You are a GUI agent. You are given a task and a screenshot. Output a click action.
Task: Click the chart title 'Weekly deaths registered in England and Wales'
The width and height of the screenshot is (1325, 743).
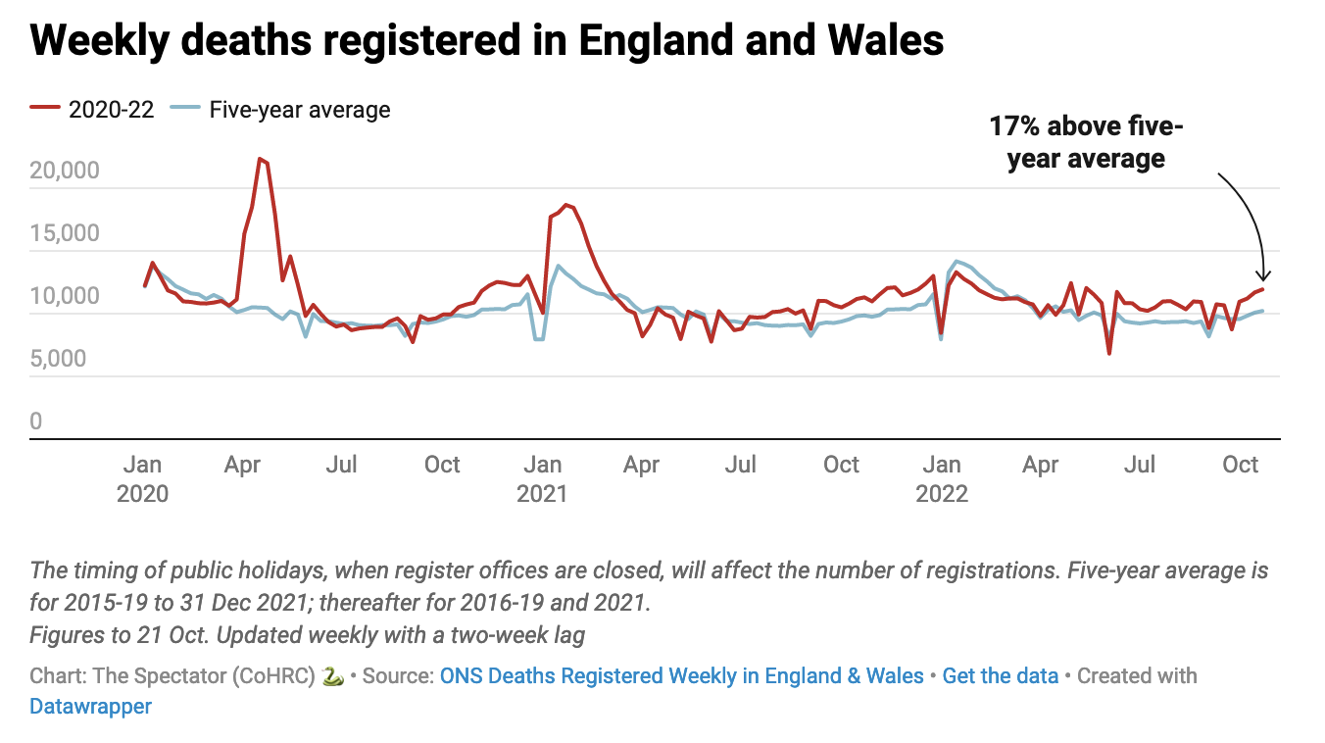[x=487, y=41]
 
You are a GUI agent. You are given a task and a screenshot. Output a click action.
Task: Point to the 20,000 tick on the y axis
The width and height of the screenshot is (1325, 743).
[x=65, y=172]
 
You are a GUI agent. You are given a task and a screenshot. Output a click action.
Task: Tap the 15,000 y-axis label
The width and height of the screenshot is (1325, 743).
[x=65, y=234]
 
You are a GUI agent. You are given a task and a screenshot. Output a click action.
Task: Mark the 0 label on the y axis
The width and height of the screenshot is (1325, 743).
[x=36, y=422]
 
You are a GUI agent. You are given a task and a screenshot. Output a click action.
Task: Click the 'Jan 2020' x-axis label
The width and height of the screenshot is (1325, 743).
[x=143, y=477]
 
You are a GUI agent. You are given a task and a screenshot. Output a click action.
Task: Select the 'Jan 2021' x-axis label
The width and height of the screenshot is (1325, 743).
[x=542, y=477]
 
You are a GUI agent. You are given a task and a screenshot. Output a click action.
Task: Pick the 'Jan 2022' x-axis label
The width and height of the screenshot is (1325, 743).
[x=942, y=477]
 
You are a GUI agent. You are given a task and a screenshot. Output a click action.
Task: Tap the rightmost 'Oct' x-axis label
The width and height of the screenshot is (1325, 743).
[x=1241, y=464]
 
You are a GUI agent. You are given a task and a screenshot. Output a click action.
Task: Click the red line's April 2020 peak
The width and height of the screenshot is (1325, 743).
[x=260, y=159]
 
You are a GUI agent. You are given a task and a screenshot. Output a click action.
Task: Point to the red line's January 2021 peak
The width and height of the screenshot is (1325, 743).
[x=566, y=205]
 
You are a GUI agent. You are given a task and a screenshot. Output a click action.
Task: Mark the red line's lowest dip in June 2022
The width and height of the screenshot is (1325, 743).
[x=1109, y=353]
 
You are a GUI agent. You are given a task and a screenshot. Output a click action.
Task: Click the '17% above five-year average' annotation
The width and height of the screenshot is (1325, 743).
[x=1086, y=143]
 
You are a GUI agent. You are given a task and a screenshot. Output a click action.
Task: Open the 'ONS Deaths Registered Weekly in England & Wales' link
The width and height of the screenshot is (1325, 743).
[x=682, y=675]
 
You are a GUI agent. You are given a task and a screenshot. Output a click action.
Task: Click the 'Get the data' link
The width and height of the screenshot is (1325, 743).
[x=1000, y=675]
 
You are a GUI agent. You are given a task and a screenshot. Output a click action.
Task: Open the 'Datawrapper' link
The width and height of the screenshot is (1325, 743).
[x=91, y=706]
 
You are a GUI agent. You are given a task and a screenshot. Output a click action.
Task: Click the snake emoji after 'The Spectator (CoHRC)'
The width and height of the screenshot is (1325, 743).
[x=333, y=676]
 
